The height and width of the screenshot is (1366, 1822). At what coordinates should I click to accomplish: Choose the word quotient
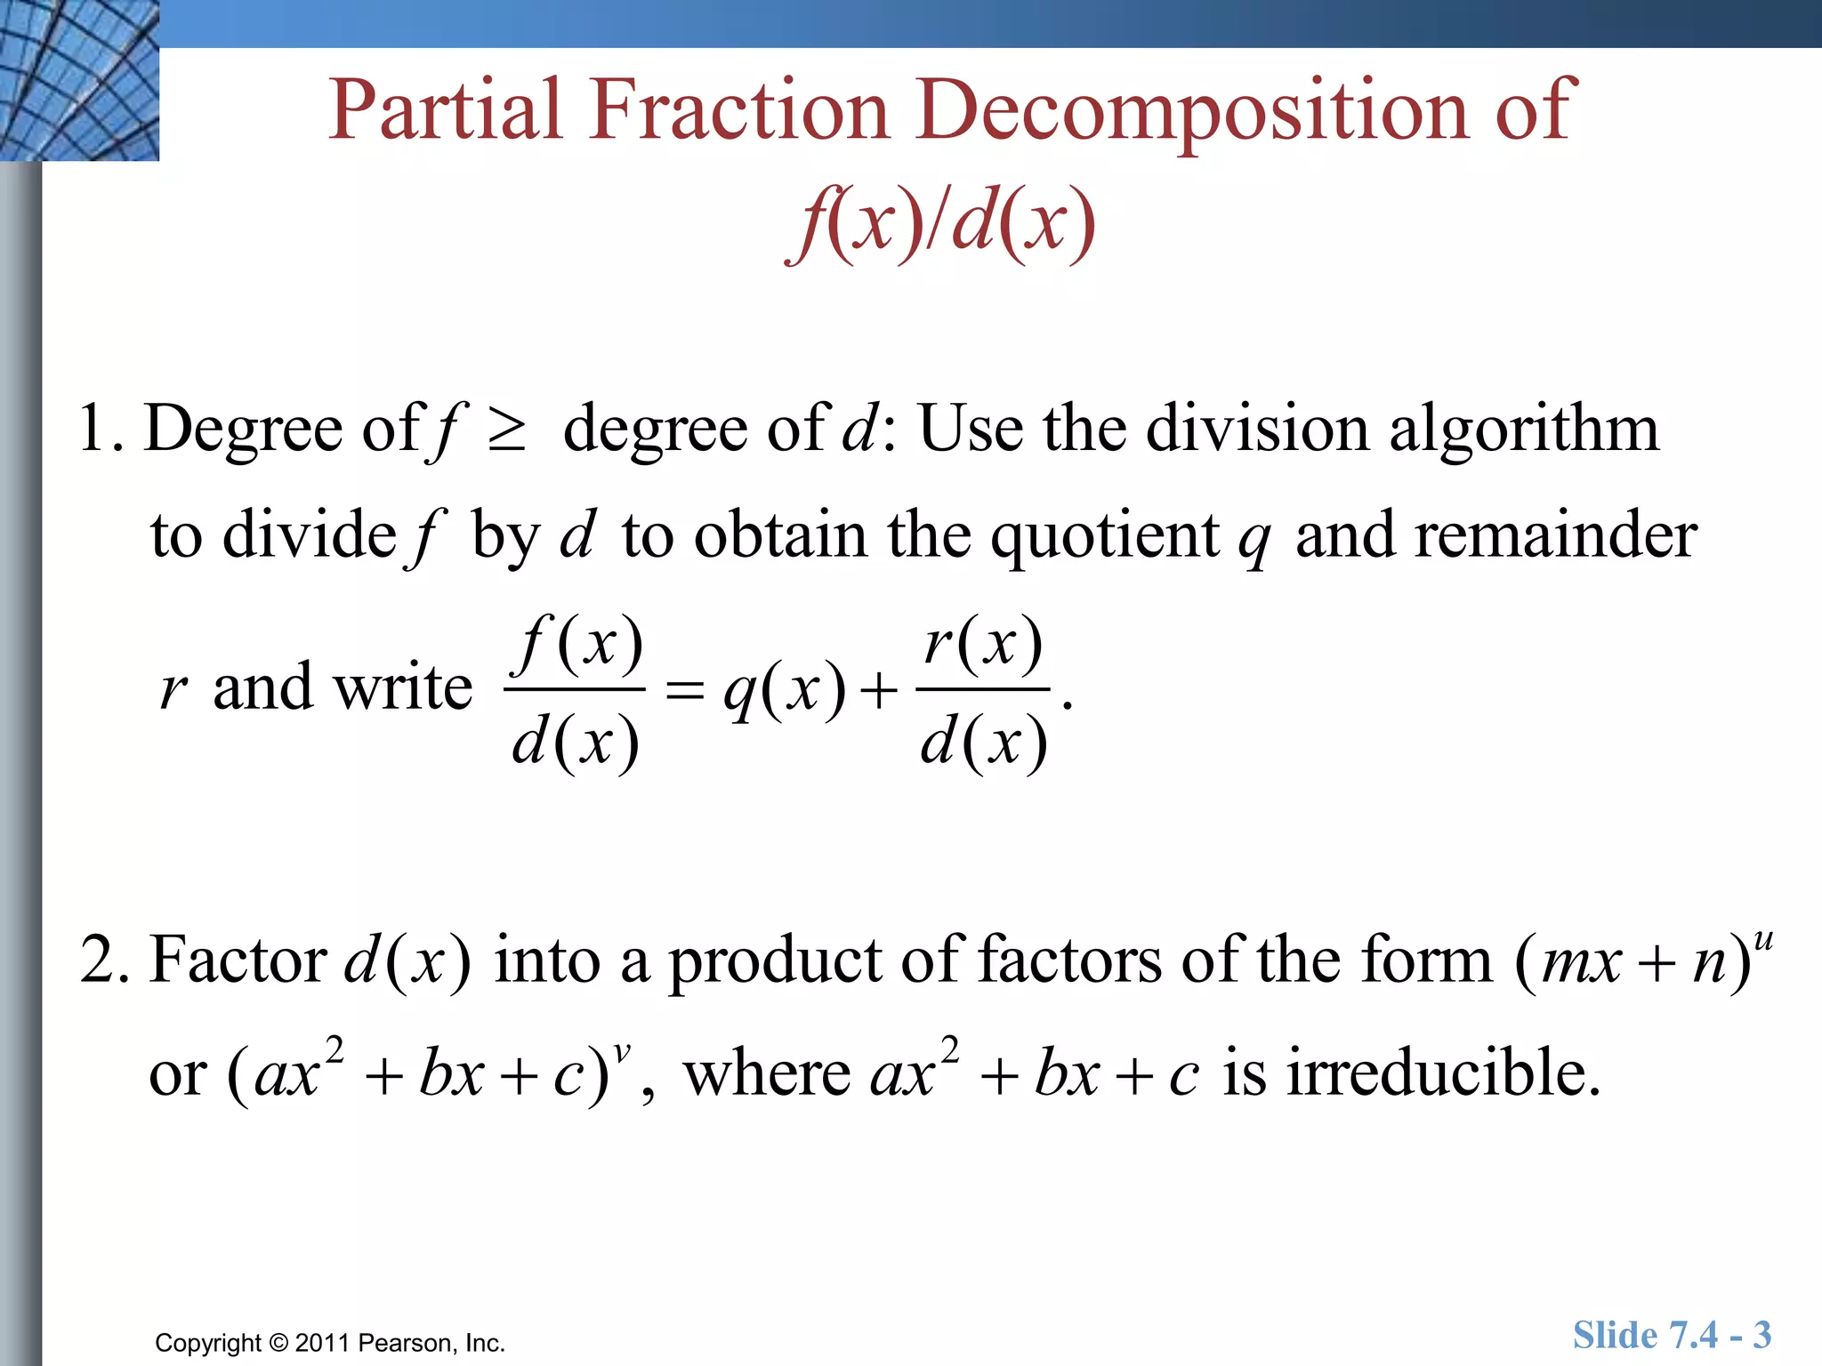(x=1105, y=537)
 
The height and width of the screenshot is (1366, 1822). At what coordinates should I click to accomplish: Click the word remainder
(x=1496, y=535)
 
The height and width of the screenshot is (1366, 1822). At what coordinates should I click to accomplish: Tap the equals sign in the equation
(x=685, y=690)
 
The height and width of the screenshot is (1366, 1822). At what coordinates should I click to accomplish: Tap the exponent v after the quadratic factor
(x=622, y=1053)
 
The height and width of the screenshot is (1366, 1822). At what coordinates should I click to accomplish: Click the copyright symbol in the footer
(x=279, y=1343)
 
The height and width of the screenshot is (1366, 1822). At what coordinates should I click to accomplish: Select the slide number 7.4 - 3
(x=1721, y=1335)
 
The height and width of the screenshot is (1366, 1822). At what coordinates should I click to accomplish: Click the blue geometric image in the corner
(x=78, y=80)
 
